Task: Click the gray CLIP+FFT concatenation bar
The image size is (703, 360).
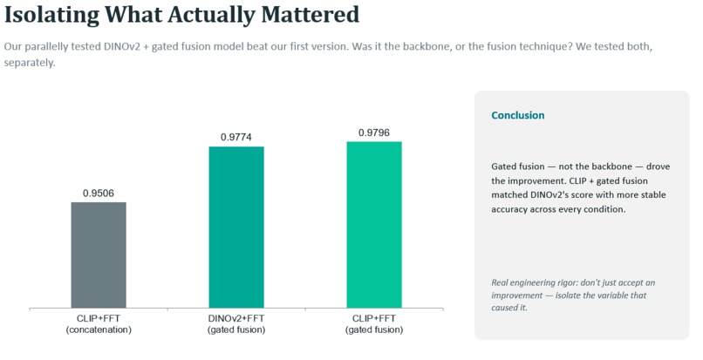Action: (x=99, y=255)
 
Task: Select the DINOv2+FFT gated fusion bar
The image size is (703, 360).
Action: (x=236, y=228)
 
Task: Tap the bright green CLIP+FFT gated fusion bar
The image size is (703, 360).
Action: (x=374, y=225)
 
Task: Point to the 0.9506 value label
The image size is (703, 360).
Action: (x=99, y=194)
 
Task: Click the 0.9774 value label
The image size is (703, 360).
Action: (x=236, y=137)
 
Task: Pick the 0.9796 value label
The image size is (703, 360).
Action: (x=374, y=132)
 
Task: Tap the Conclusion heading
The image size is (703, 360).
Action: (x=518, y=115)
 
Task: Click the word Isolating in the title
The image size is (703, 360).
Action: (x=51, y=15)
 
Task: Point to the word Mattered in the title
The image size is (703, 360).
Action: (x=311, y=14)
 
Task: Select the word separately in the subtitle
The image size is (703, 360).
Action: (x=30, y=63)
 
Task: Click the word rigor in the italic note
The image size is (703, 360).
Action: (x=568, y=283)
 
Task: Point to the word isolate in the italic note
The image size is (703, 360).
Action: (x=568, y=295)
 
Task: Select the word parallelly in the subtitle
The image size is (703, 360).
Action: (x=42, y=47)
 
